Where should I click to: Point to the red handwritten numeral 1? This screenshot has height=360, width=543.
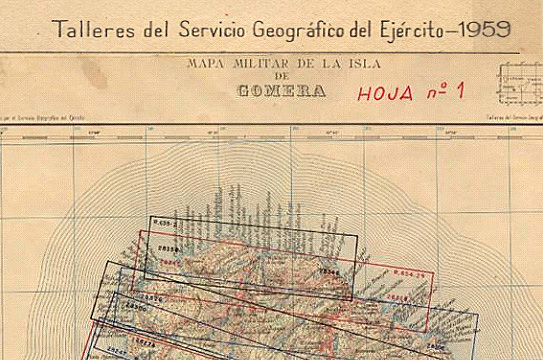[460, 91]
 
